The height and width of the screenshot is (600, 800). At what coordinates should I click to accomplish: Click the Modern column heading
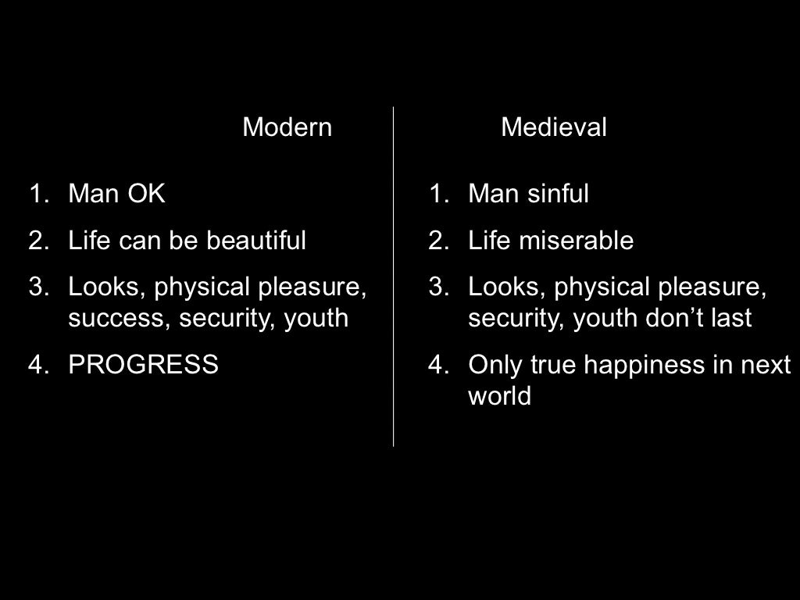click(x=287, y=127)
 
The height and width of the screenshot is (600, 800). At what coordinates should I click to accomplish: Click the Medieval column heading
click(x=554, y=127)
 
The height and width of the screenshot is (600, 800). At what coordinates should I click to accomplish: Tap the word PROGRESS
click(x=144, y=365)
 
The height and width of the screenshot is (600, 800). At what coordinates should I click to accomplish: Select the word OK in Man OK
click(x=147, y=194)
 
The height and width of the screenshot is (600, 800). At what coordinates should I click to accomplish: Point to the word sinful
click(x=558, y=194)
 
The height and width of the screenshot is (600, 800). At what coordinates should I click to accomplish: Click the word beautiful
click(x=256, y=241)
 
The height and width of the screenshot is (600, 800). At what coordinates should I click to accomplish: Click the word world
click(x=499, y=396)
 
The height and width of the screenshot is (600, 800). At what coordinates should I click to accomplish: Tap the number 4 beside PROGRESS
click(x=36, y=365)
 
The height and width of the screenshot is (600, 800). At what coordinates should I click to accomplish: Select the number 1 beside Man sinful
click(x=435, y=194)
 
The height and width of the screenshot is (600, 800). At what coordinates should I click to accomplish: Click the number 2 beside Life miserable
click(x=435, y=241)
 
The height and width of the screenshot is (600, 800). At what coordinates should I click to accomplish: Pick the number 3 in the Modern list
click(x=36, y=287)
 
